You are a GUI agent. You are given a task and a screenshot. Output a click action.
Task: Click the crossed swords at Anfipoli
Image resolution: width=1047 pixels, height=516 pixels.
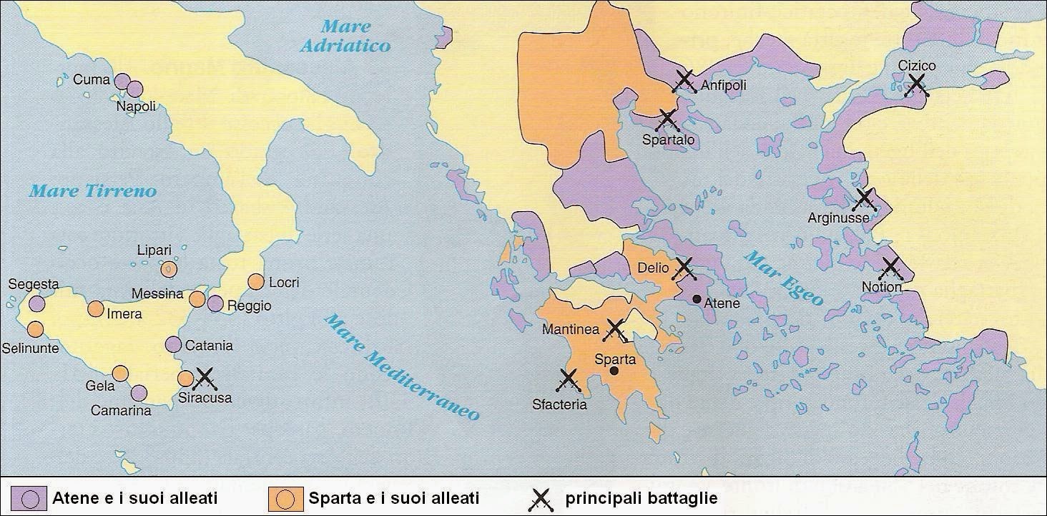pos(684,82)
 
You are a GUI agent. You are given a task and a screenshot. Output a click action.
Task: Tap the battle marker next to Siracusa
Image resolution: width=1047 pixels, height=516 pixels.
pos(205,377)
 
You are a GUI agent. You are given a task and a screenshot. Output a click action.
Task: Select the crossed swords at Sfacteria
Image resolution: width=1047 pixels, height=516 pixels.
pos(569,380)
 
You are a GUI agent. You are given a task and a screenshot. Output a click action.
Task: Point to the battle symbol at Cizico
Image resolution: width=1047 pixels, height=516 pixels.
pos(916,86)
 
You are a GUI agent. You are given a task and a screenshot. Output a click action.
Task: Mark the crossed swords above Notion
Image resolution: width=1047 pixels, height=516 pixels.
pos(890,268)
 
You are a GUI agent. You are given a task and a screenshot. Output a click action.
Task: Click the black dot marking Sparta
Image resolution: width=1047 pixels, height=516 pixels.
pos(614,371)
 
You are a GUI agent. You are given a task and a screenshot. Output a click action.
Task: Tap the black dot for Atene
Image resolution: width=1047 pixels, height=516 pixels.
pos(697,299)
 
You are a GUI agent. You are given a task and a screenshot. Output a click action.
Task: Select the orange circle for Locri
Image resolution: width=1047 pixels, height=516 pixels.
pos(255,282)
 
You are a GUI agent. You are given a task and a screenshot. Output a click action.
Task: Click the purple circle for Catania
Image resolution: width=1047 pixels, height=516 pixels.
pos(173,344)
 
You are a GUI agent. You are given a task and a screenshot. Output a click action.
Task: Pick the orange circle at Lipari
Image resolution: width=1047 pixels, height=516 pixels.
pos(168,269)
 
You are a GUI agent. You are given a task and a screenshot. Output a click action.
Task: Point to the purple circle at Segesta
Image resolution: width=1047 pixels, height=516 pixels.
pos(36,303)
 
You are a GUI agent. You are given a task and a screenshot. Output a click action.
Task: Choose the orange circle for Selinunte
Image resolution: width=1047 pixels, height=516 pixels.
pos(34,329)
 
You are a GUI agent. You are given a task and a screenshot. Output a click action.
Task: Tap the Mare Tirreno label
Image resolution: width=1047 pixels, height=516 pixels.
pos(92,191)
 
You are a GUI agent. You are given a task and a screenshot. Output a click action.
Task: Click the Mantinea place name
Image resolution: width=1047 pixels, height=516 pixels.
pos(571,330)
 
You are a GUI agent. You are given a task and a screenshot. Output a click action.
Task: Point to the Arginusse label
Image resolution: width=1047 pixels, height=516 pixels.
pos(838,217)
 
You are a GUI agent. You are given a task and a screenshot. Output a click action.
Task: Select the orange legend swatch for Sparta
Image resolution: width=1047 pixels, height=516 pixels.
pos(284,498)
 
